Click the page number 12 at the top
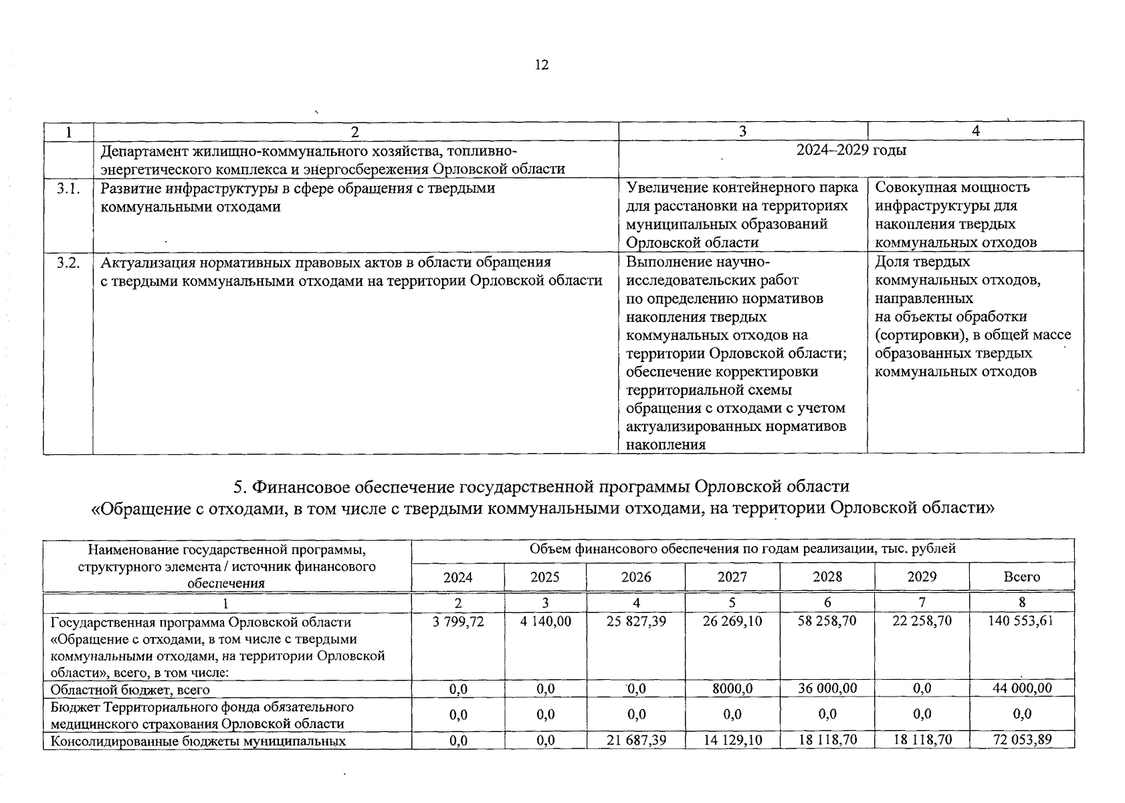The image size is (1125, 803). click(x=542, y=65)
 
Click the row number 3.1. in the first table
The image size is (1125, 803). click(x=68, y=188)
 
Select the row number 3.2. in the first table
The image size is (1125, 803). click(x=68, y=262)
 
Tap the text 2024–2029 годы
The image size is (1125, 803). click(x=851, y=150)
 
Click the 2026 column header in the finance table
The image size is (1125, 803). click(x=635, y=577)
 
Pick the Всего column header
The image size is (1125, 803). click(x=1021, y=577)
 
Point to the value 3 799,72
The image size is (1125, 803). click(x=458, y=621)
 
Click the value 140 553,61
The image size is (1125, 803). click(x=1021, y=621)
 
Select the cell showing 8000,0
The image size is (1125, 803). click(x=732, y=689)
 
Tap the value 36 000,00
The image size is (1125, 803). click(x=827, y=689)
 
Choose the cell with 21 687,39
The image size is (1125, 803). click(x=635, y=740)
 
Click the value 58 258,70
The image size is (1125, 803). click(x=827, y=621)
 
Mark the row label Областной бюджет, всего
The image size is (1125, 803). click(x=130, y=689)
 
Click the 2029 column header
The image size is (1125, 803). click(x=922, y=577)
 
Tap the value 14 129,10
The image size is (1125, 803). click(x=732, y=740)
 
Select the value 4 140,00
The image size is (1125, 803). click(x=545, y=621)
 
